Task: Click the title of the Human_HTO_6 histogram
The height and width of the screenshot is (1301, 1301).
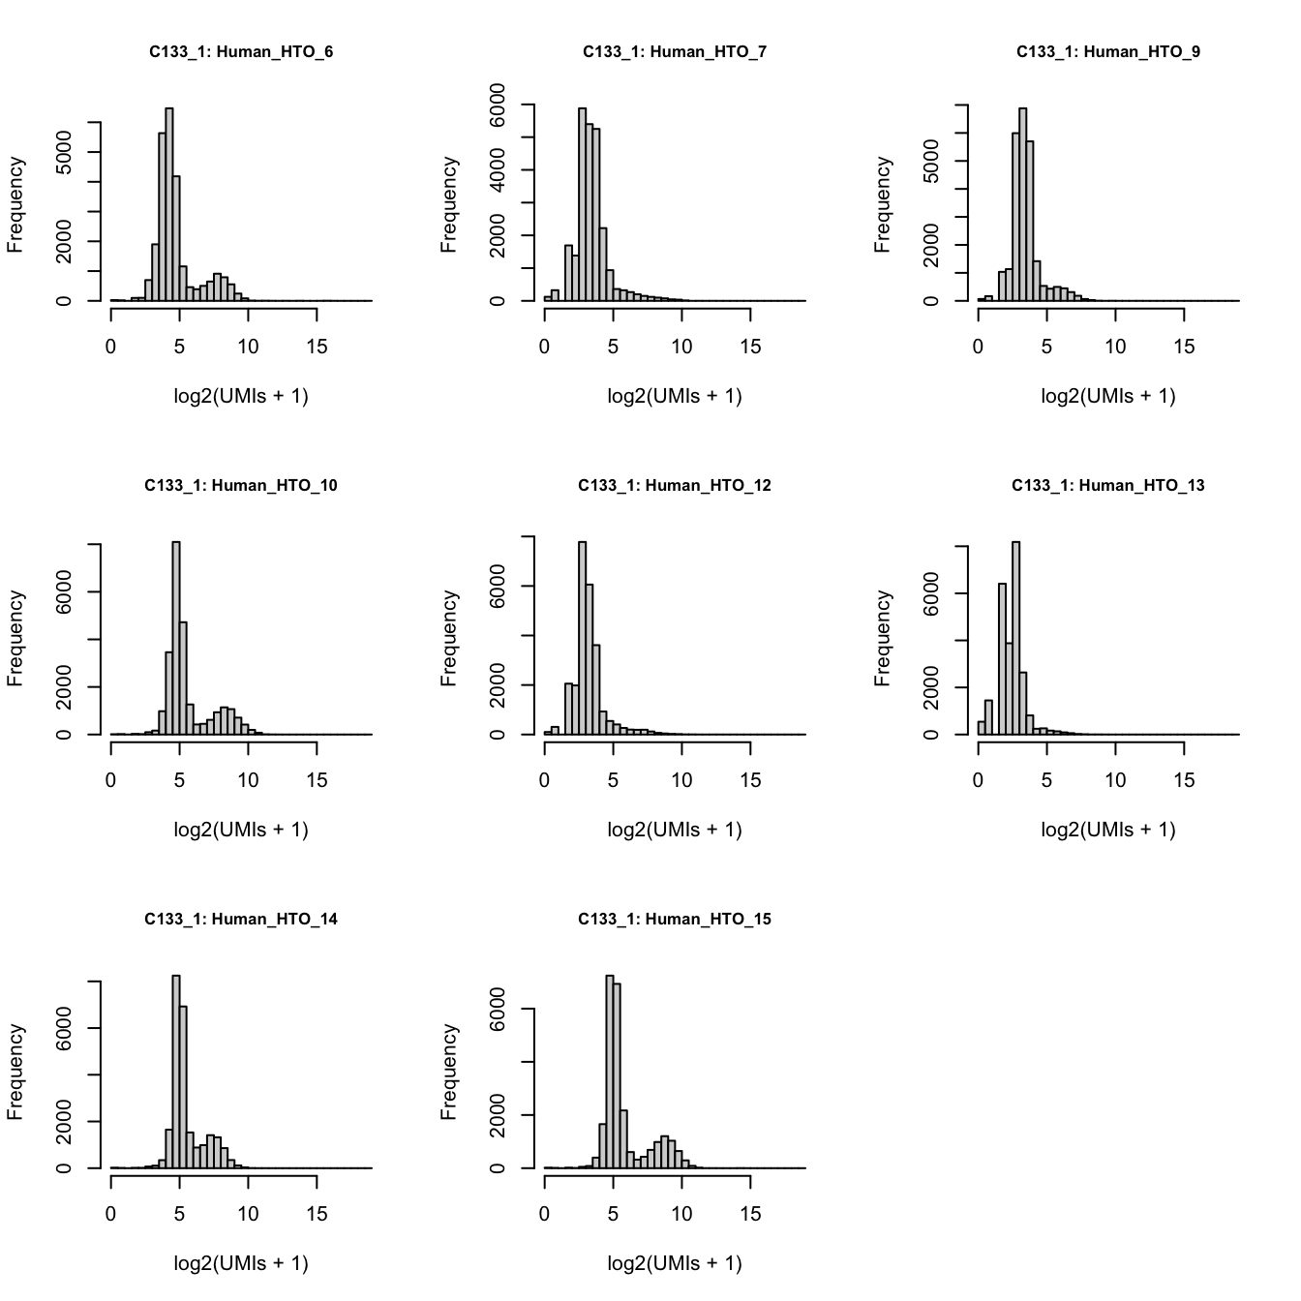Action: pos(241,52)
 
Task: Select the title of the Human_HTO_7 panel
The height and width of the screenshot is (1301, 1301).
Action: pos(675,52)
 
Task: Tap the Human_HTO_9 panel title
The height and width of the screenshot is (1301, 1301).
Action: pos(1108,52)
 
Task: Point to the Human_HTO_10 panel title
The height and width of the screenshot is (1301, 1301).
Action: pos(241,486)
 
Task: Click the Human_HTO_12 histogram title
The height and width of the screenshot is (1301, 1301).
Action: pos(675,486)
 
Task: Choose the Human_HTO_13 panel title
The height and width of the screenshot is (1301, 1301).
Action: pos(1108,486)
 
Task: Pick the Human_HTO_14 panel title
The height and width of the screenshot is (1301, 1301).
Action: pos(241,920)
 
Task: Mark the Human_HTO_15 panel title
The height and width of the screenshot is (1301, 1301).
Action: pos(675,920)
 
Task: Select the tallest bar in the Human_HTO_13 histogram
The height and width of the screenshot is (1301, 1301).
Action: pos(1015,639)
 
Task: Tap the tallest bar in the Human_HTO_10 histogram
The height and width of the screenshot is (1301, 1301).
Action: pos(176,639)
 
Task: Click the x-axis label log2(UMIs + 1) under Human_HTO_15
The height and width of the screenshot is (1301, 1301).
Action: pos(675,1263)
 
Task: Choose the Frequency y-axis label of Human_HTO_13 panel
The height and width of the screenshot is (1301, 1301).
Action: pos(882,639)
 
